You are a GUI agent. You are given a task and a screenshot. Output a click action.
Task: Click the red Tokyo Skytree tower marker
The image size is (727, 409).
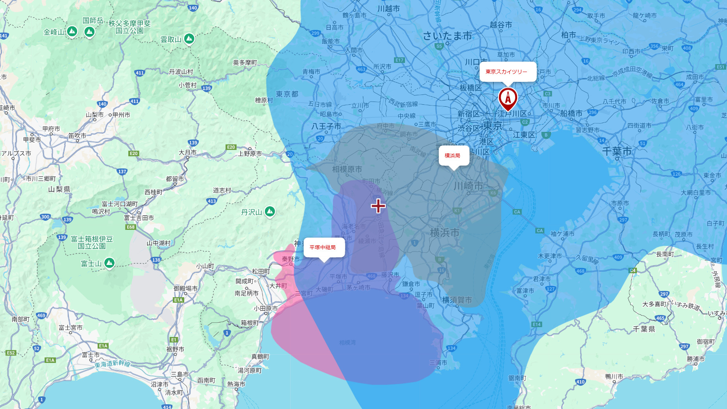[508, 98]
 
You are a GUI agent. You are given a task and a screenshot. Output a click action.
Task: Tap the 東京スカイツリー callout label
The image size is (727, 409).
[507, 72]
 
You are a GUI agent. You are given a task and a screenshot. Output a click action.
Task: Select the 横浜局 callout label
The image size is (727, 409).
[453, 155]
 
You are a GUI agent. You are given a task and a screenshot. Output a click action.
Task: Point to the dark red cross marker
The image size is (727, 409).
[378, 205]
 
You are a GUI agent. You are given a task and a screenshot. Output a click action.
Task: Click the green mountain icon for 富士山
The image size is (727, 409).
[109, 263]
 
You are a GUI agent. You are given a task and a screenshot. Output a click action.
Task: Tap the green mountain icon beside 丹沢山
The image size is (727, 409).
[270, 211]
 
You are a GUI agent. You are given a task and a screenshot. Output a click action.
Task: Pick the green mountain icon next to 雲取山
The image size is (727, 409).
[189, 39]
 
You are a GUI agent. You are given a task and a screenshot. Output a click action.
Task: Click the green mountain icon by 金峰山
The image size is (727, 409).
[72, 31]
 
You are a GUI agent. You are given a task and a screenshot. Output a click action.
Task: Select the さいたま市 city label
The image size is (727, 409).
[447, 36]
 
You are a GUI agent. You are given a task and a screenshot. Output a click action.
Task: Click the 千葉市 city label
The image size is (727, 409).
[616, 151]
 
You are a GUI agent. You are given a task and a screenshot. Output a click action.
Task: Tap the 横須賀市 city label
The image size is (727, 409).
[457, 300]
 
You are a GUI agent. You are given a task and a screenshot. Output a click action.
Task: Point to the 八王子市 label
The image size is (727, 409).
[326, 126]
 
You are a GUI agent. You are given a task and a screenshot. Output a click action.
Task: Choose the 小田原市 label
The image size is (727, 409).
[265, 308]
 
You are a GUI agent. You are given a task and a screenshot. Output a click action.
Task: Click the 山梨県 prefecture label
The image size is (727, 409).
[59, 189]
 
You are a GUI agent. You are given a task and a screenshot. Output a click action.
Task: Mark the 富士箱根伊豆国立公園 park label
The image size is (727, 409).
[92, 242]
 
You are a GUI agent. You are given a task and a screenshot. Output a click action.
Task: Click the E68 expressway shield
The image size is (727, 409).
[130, 227]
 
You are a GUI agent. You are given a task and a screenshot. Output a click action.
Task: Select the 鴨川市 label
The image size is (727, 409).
[614, 376]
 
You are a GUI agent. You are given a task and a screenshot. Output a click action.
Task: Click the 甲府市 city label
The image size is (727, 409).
[51, 129]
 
